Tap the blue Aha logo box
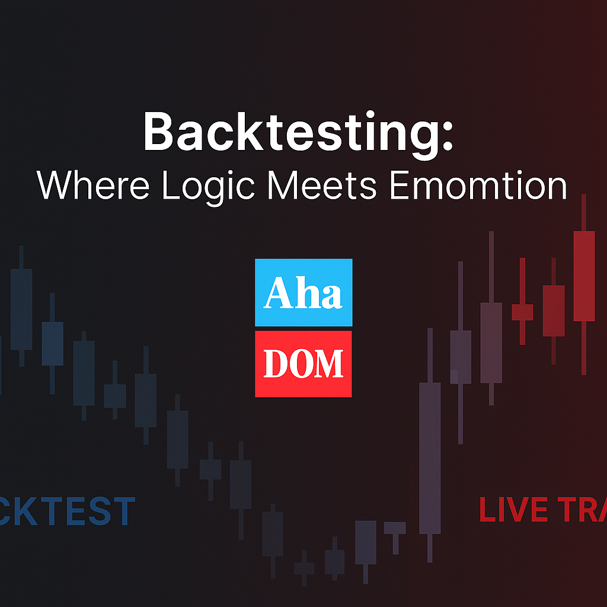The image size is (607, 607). coord(303,292)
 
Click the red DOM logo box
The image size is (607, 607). coord(303,363)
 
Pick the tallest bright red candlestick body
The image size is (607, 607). coord(584,276)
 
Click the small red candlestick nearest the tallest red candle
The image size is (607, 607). coord(554,311)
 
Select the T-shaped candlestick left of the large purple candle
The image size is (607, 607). coord(395,528)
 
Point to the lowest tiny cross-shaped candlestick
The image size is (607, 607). coord(304,568)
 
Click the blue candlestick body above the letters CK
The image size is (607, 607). coord(22,309)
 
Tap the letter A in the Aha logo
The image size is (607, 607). coord(275,293)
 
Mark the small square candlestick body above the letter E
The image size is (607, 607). coord(115,395)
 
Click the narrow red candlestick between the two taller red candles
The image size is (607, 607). coord(522,312)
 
